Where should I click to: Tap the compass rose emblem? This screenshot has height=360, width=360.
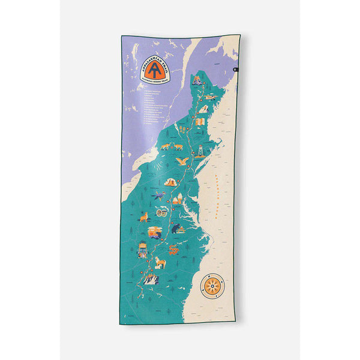(x=212, y=286)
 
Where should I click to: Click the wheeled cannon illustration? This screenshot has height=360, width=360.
(x=162, y=212)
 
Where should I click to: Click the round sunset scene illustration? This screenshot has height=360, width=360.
(x=154, y=230)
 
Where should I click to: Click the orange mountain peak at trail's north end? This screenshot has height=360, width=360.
(x=197, y=79)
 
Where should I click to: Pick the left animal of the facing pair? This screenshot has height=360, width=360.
(x=164, y=146)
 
